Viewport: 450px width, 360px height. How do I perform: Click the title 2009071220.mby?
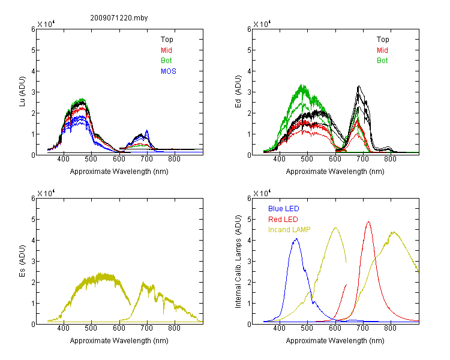click(x=119, y=18)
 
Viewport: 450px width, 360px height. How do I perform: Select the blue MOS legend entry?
click(x=169, y=71)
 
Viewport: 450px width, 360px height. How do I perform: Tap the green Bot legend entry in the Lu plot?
click(x=166, y=61)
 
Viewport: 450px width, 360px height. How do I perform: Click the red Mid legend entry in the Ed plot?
click(x=382, y=50)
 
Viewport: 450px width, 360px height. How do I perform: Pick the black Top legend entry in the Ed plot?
click(x=383, y=40)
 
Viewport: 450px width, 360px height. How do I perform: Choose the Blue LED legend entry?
click(x=284, y=208)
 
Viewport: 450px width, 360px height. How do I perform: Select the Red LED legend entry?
click(x=283, y=220)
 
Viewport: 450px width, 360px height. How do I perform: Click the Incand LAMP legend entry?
click(x=289, y=230)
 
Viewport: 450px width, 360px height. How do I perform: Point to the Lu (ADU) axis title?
click(x=22, y=92)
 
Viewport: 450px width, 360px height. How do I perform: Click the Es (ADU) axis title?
click(x=22, y=261)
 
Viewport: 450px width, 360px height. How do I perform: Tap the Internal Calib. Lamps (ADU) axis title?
click(x=238, y=262)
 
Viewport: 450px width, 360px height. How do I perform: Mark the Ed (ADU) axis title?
click(x=238, y=92)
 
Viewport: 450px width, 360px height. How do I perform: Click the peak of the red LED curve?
click(x=368, y=222)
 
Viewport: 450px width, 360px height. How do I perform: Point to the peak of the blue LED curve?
click(x=296, y=239)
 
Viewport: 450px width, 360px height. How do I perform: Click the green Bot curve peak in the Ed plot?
click(x=302, y=85)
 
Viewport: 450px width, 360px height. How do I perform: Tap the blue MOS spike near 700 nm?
click(x=147, y=130)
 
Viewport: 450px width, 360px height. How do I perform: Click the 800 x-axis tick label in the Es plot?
click(x=175, y=328)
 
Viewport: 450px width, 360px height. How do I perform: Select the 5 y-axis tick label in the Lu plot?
click(x=33, y=50)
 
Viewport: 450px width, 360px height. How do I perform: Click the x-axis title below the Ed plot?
click(x=335, y=172)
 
